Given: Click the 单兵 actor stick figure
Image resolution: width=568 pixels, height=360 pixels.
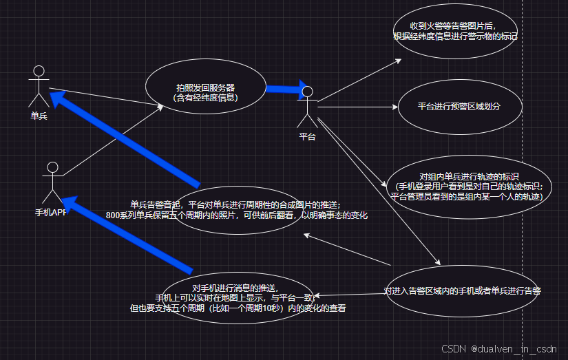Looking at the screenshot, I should (x=39, y=85).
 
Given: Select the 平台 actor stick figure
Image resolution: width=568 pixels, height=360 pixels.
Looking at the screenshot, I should (x=307, y=107).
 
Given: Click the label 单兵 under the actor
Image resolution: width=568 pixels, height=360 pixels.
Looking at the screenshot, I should (x=39, y=116).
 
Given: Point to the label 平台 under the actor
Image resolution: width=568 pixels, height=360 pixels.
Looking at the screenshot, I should (x=307, y=136).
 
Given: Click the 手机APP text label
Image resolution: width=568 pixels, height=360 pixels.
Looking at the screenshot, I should (x=51, y=212).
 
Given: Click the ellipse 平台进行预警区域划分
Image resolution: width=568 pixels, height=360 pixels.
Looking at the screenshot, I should (x=459, y=107).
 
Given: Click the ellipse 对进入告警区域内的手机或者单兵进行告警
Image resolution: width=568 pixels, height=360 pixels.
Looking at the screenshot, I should (x=463, y=291).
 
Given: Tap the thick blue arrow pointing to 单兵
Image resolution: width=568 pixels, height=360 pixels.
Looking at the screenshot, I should (x=124, y=140).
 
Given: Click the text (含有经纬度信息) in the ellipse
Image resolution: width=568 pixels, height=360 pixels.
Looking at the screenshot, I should (x=205, y=98).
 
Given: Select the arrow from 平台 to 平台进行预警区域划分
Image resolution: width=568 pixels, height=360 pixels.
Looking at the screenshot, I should (x=358, y=107).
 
